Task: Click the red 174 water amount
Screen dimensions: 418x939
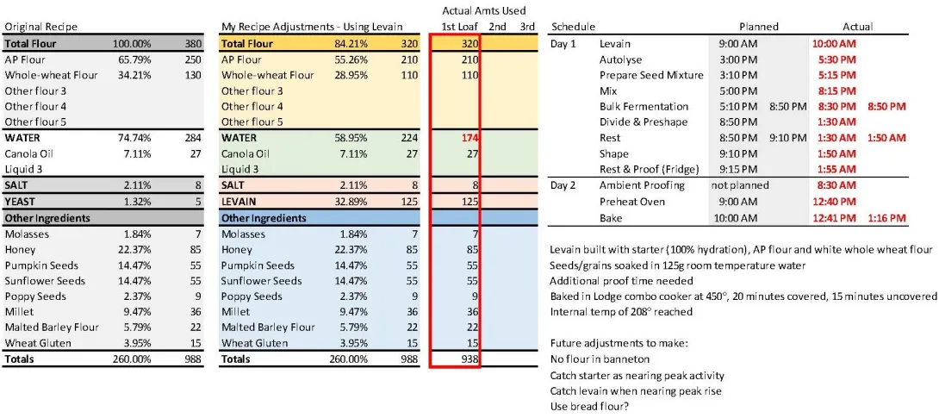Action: (469, 138)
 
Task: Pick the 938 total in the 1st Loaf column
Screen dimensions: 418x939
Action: (469, 359)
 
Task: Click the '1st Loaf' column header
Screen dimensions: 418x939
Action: (459, 27)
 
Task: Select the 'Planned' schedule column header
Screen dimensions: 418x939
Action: (759, 27)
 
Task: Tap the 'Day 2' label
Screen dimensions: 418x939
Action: (565, 185)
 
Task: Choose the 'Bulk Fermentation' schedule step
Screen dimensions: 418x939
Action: (644, 106)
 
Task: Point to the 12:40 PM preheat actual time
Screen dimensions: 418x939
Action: (834, 202)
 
